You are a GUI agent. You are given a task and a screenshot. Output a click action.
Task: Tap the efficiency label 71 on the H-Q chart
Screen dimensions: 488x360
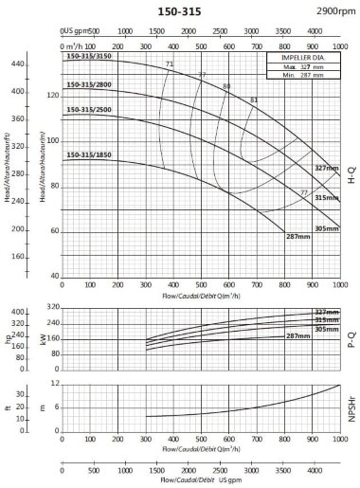click(170, 63)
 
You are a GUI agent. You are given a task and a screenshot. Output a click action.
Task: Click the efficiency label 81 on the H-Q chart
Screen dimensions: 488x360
click(253, 99)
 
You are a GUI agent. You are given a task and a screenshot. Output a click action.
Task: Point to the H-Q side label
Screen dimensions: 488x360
click(351, 172)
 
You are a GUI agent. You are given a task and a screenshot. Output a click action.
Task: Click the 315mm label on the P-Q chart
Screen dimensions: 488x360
click(327, 320)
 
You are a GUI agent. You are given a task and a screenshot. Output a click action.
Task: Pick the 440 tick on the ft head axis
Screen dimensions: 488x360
click(17, 63)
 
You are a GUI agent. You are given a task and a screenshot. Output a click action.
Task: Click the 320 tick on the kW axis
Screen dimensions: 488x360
click(52, 307)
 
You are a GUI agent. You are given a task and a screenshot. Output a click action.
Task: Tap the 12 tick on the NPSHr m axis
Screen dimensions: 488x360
click(55, 384)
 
